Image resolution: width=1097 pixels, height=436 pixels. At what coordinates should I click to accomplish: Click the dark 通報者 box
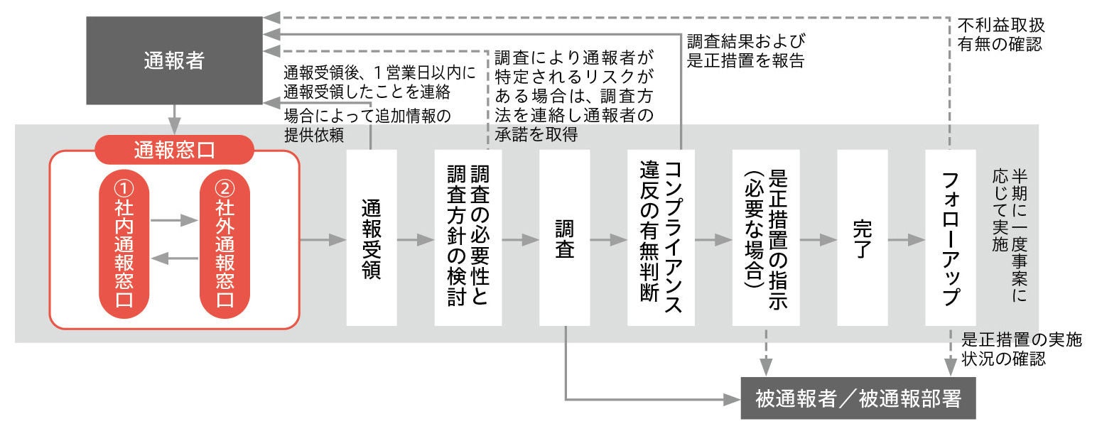(174, 61)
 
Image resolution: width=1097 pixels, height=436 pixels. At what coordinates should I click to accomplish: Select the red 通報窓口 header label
(174, 150)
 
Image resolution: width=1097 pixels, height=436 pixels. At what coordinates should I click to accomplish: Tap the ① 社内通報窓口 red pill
(124, 241)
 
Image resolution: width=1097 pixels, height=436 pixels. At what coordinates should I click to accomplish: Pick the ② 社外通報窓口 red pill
(225, 241)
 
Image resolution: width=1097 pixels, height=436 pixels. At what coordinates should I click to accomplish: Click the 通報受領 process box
(371, 239)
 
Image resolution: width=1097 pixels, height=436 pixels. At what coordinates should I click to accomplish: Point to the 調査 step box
(565, 239)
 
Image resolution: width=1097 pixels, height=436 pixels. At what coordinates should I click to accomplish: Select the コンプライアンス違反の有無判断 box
(661, 239)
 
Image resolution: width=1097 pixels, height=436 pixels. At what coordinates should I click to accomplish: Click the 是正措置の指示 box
(766, 239)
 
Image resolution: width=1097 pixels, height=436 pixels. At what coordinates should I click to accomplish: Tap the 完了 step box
(862, 239)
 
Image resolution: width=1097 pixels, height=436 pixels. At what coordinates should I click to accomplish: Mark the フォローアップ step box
(951, 239)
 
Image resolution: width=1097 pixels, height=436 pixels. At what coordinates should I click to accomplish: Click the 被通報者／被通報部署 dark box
(858, 398)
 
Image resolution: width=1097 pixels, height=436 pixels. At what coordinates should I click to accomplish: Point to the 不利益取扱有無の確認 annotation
(1000, 34)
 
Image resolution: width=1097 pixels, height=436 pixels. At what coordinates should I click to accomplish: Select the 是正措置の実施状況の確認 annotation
(1021, 349)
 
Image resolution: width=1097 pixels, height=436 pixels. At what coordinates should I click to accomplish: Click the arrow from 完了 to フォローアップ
(906, 240)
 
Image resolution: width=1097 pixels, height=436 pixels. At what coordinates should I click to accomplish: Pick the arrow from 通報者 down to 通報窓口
(174, 116)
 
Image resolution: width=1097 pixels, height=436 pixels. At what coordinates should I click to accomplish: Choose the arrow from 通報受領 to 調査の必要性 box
(415, 240)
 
